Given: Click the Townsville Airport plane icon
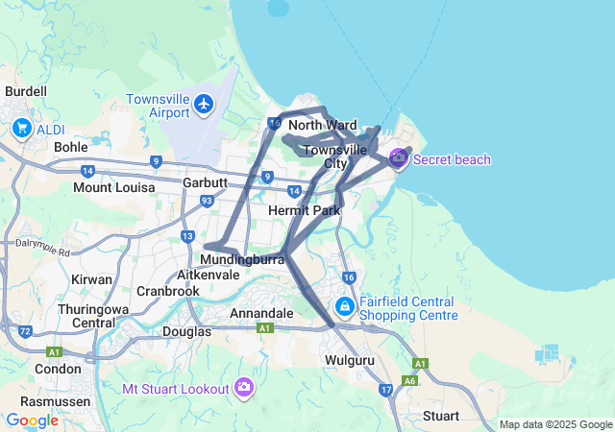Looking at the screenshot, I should tap(204, 103).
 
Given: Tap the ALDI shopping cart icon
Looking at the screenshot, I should tap(22, 128).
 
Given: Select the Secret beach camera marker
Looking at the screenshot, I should tap(398, 158).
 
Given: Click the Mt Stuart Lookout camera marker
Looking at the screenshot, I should tap(245, 387).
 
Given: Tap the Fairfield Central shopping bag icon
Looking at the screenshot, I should tap(344, 306).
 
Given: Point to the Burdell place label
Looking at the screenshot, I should tap(26, 91).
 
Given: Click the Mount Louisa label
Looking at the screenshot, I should tap(114, 187).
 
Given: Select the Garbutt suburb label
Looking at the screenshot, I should tap(205, 181).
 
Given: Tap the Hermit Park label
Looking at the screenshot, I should tap(305, 209).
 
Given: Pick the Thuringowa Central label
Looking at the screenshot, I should tap(86, 316).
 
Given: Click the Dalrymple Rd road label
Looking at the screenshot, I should tap(43, 248).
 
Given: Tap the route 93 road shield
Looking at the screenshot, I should tap(207, 201).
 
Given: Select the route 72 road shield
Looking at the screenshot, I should tap(25, 331).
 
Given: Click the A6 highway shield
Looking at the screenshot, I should tap(410, 380).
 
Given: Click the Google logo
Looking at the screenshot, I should tap(32, 420).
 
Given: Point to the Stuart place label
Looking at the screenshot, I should tap(441, 416).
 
